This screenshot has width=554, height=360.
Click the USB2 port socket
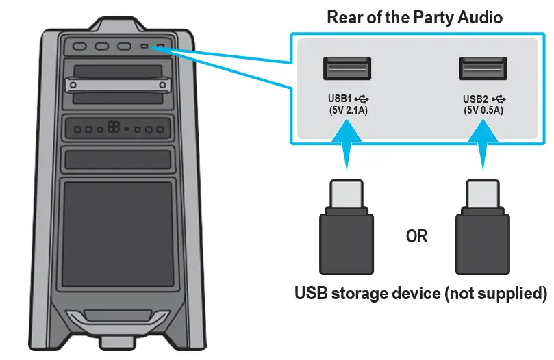482,70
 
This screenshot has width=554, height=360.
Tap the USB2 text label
475,99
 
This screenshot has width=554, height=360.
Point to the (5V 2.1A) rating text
349,110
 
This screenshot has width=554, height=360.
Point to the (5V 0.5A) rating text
483,110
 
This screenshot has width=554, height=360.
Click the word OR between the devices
416,237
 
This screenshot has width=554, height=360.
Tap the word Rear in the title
344,17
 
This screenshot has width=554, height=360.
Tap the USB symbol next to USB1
362,99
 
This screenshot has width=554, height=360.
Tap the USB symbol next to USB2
498,99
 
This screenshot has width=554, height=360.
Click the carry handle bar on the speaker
116,85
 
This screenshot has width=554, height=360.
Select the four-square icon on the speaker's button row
114,128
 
